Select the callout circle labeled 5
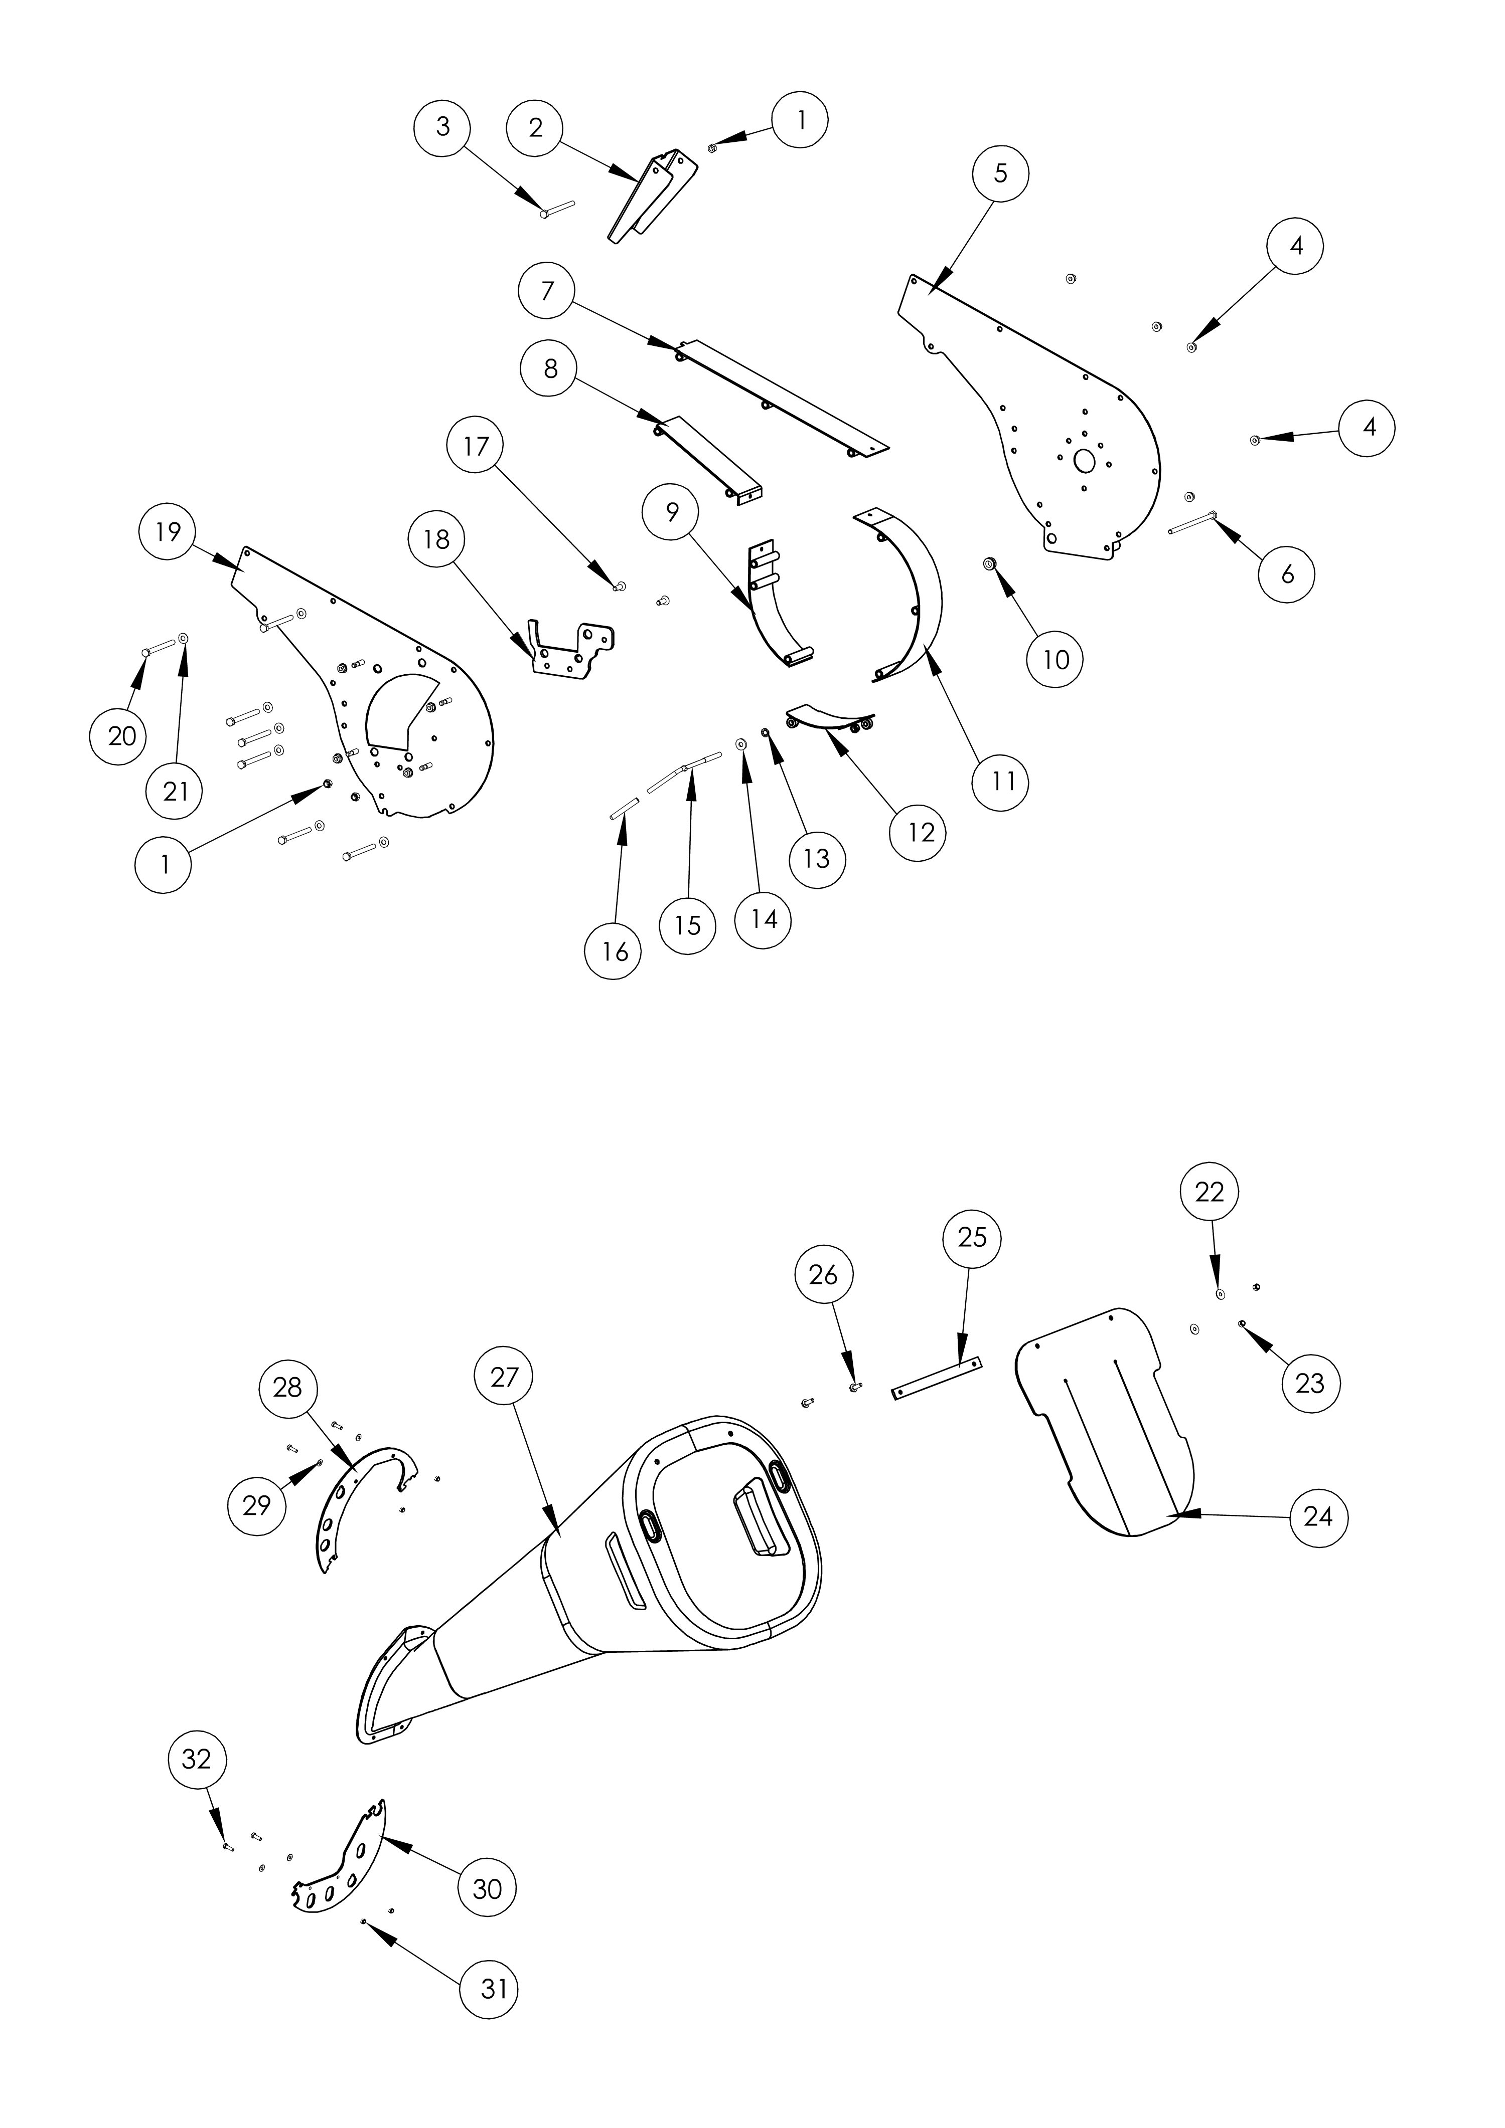point(1000,173)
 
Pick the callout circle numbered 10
point(1056,659)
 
